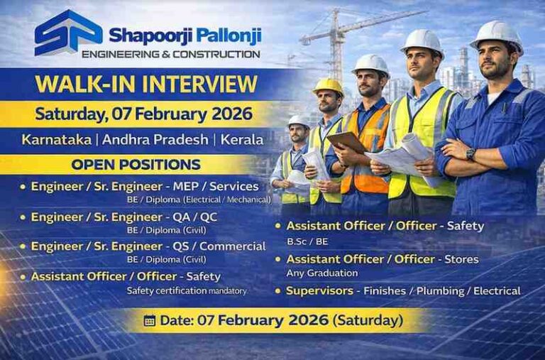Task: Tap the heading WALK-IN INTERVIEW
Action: coord(146,84)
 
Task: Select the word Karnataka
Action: coord(56,139)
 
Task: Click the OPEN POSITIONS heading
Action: coord(136,165)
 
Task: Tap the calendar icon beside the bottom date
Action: coord(149,320)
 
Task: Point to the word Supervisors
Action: coord(319,290)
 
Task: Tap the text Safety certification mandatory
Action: coord(186,290)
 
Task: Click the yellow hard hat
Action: coord(329,86)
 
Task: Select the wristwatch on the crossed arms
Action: coord(470,154)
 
